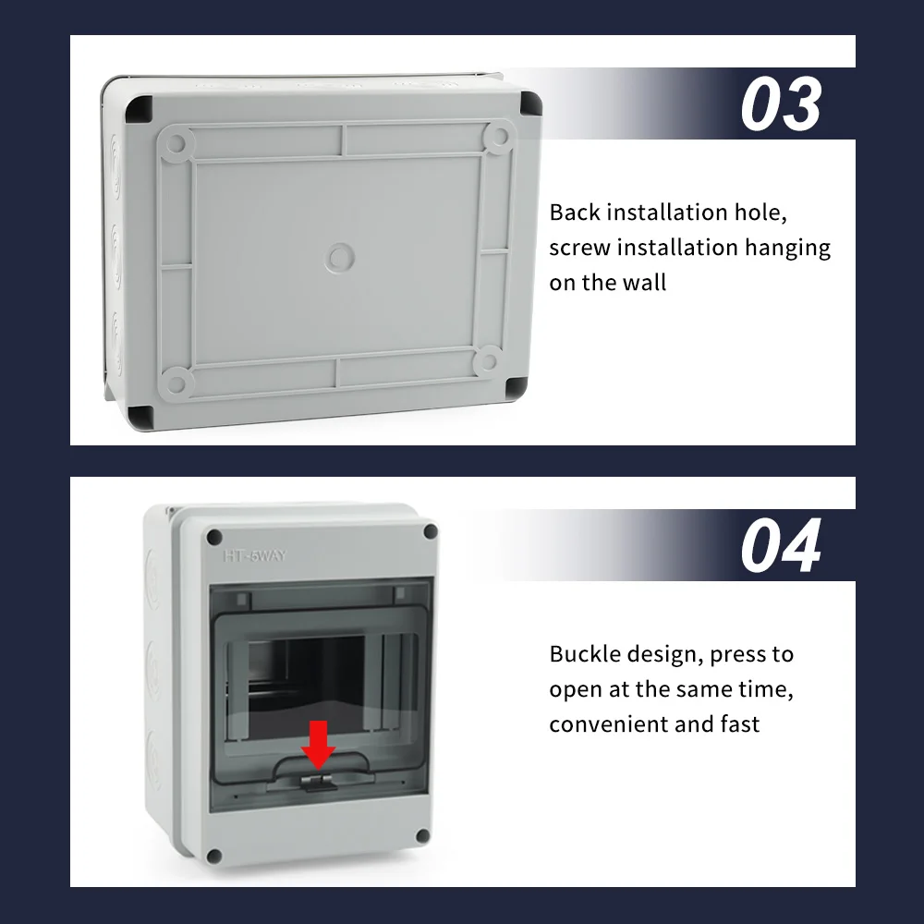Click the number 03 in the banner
[x=781, y=104]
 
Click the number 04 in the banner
[x=781, y=546]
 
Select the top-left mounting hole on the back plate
[x=179, y=140]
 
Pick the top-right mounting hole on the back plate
[x=498, y=138]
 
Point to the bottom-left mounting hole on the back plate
[x=179, y=380]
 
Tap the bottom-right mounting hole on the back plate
[x=488, y=360]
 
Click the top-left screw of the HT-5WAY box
[x=215, y=536]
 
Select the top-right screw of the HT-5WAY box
[x=430, y=531]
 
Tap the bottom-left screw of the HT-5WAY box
[x=215, y=856]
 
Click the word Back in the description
[x=575, y=213]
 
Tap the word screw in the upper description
[x=579, y=248]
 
